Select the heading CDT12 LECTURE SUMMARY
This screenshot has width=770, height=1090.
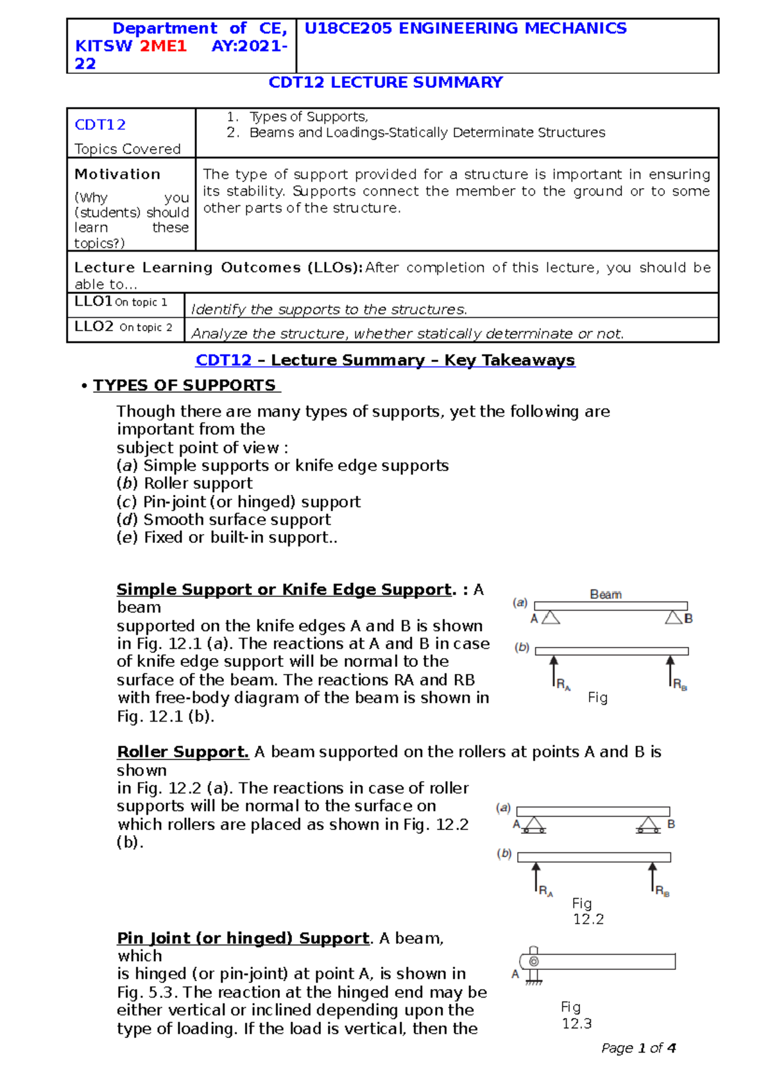coord(385,83)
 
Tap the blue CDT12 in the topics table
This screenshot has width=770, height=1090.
coord(100,125)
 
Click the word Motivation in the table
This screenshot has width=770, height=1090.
coord(117,174)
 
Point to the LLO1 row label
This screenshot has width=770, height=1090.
coord(94,302)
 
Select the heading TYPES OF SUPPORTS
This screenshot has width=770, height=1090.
coord(185,385)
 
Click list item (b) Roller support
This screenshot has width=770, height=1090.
coord(185,483)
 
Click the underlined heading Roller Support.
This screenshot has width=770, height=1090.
coord(183,752)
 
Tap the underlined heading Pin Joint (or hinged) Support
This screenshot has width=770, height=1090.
coord(243,939)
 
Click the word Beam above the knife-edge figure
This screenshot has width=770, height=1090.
coord(606,594)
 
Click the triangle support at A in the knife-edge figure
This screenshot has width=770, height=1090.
coord(551,618)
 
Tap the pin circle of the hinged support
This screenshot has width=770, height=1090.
coord(534,962)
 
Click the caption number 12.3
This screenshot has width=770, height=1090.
coord(577,1024)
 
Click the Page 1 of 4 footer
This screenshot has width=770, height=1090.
coord(638,1048)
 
